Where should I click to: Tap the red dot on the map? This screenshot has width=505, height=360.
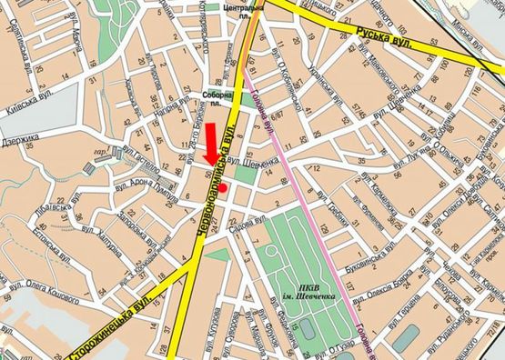[x=223, y=187]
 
